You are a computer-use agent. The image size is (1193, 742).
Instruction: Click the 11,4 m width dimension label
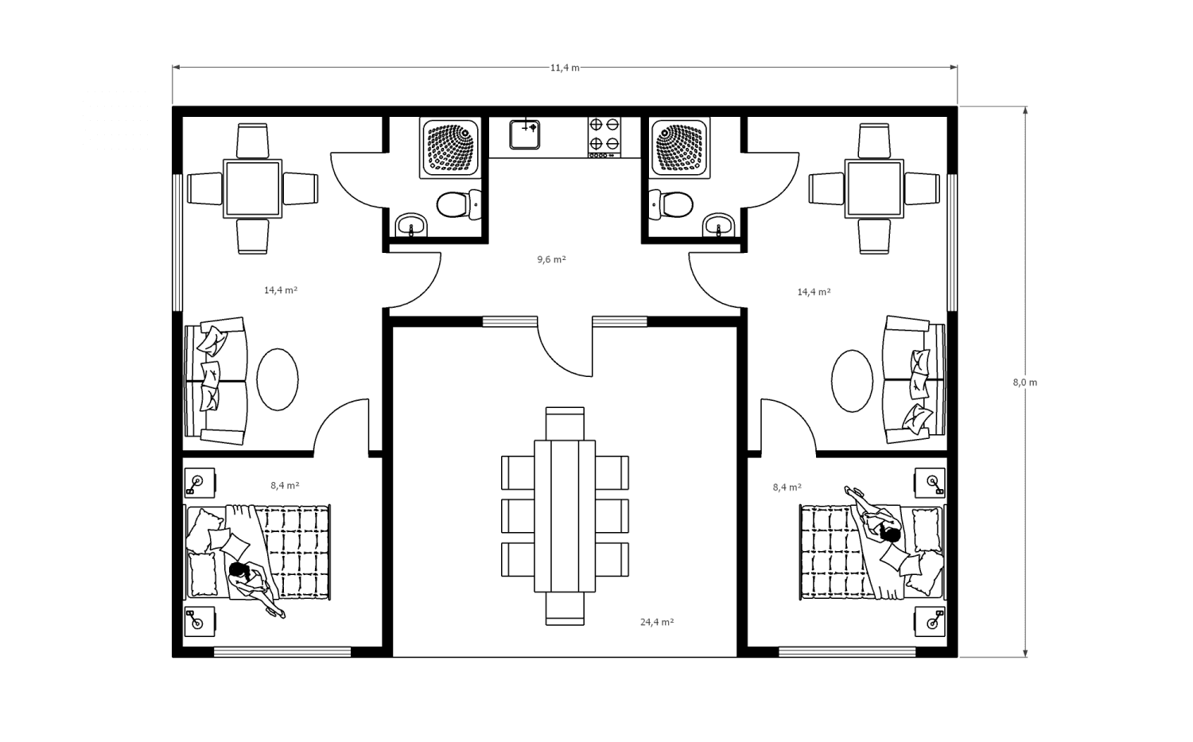(565, 68)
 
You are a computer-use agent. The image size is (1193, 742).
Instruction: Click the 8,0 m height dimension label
(1024, 383)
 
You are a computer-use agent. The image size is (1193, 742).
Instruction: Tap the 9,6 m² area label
(551, 259)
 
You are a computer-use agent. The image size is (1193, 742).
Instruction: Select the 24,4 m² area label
(657, 622)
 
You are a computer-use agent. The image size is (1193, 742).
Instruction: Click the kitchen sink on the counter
(525, 134)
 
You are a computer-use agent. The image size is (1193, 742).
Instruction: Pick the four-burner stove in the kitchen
(604, 138)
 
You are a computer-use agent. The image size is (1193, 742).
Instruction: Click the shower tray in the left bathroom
(451, 148)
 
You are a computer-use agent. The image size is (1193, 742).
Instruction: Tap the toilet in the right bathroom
(671, 204)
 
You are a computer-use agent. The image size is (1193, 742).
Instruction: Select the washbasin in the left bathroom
(411, 225)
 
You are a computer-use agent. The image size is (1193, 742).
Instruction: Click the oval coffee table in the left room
(278, 379)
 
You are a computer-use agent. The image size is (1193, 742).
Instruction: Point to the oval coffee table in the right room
(852, 381)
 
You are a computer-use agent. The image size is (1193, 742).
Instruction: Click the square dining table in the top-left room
(252, 188)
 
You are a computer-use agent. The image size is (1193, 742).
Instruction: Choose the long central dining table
(565, 516)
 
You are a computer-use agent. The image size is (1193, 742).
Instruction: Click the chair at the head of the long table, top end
(565, 423)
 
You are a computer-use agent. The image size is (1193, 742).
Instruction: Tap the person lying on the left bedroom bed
(255, 588)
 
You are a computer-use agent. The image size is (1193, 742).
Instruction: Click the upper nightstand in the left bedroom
(200, 483)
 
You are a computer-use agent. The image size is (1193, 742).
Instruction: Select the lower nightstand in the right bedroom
(930, 621)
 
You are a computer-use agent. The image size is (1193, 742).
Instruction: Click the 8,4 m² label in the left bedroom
(285, 485)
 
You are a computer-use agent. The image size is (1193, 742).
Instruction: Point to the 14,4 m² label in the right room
(814, 292)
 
